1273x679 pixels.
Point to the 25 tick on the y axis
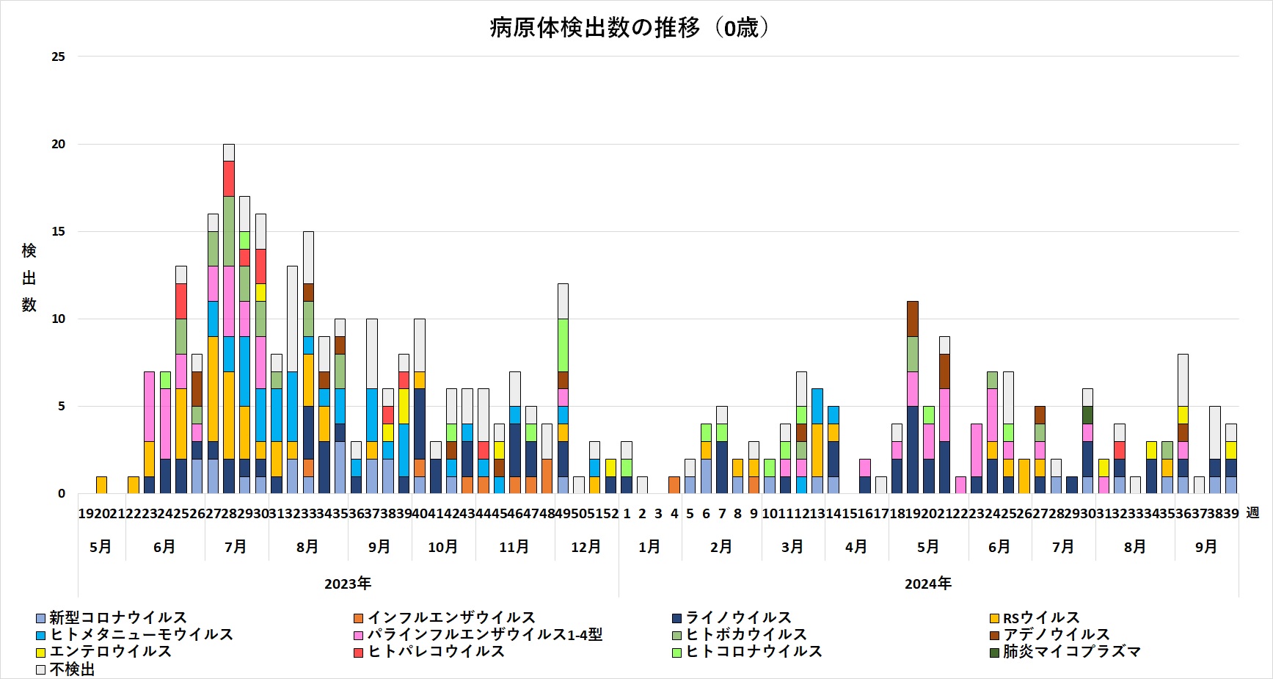pyautogui.click(x=58, y=57)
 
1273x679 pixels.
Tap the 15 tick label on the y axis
pyautogui.click(x=58, y=231)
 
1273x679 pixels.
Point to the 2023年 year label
pyautogui.click(x=348, y=584)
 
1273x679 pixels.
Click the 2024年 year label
pyautogui.click(x=928, y=584)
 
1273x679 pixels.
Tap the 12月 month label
pyautogui.click(x=586, y=547)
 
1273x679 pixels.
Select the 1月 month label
pyautogui.click(x=649, y=547)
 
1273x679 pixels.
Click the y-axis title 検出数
pyautogui.click(x=29, y=277)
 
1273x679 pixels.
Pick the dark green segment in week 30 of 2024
pyautogui.click(x=1087, y=415)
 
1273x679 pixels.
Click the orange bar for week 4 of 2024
pyautogui.click(x=674, y=484)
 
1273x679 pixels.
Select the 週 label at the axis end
pyautogui.click(x=1252, y=513)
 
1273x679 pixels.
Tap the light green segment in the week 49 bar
pyautogui.click(x=563, y=345)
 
